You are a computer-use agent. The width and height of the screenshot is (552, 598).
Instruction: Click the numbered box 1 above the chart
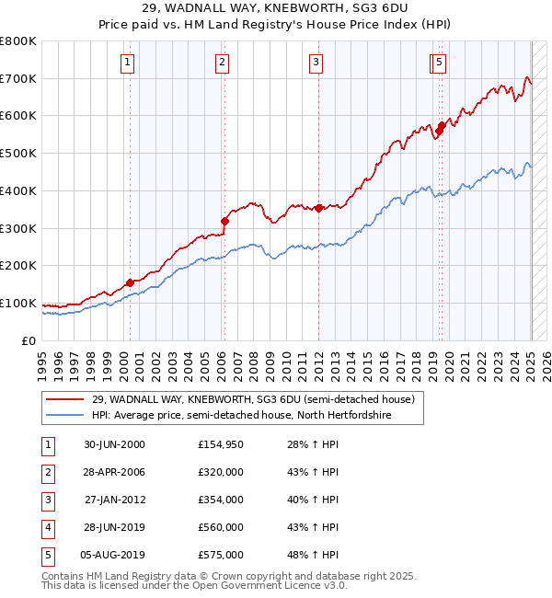(126, 63)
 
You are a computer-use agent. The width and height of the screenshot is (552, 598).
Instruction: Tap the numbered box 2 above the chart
(223, 63)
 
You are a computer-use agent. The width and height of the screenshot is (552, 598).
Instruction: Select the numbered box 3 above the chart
(316, 63)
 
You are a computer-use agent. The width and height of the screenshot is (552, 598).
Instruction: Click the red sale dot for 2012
(318, 208)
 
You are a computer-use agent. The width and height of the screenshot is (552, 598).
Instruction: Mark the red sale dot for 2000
(130, 282)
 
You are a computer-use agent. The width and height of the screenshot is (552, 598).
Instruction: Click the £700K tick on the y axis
(18, 78)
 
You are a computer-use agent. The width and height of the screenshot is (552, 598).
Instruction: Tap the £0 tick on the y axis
(29, 340)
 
